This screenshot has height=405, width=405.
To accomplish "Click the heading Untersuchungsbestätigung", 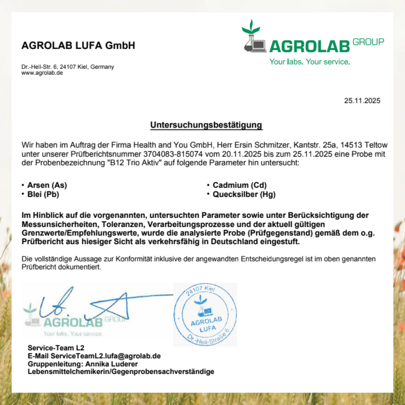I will [206, 125].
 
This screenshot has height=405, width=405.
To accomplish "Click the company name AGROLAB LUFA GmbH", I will [78, 46].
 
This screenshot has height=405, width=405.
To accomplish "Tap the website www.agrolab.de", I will [42, 73].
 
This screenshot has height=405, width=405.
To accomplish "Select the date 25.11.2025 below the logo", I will [362, 100].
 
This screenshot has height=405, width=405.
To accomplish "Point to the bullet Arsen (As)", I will [47, 185].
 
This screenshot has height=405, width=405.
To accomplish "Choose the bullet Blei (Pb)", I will [43, 195].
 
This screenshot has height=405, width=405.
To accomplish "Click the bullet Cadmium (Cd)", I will [240, 185].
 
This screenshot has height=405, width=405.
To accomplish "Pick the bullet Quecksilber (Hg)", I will [244, 195].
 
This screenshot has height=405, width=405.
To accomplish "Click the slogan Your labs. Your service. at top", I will [309, 62].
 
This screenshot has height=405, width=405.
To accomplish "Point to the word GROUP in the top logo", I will [368, 42].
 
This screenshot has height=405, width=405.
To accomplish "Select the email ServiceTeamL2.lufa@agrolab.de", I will [106, 356].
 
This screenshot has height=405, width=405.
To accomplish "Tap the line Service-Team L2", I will [56, 348].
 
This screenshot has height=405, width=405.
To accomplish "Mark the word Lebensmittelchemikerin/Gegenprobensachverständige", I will [121, 372].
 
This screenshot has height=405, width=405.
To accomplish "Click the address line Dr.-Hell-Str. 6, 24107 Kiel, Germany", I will [67, 67].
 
